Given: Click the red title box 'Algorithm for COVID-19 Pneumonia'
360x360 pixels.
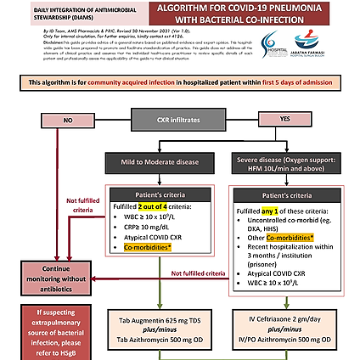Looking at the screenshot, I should point(255,13).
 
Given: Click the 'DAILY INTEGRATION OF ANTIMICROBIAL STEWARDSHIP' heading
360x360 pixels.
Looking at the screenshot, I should point(53,11).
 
